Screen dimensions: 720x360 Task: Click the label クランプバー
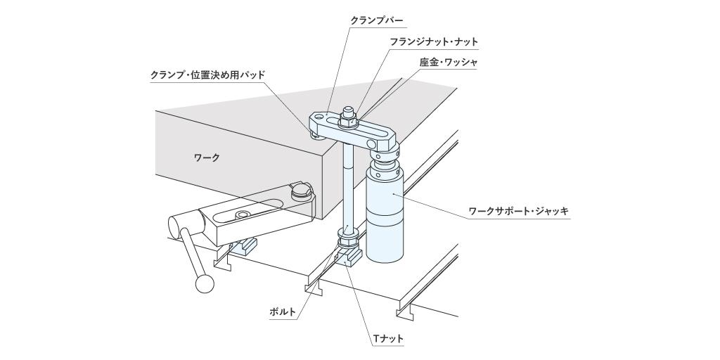tap(377, 20)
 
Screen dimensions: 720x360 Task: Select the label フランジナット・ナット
tap(434, 41)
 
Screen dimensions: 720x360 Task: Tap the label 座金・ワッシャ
tap(448, 62)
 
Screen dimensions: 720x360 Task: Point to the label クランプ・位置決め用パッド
tap(208, 75)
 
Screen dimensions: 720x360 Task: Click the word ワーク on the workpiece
tap(207, 157)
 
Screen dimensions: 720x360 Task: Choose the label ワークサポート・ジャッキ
tap(518, 211)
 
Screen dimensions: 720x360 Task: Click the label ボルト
tap(283, 311)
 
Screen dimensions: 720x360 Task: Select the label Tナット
tap(388, 339)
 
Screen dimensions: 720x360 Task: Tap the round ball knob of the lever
tap(205, 284)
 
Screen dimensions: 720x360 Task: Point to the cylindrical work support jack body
tap(385, 216)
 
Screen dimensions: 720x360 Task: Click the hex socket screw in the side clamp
tap(243, 215)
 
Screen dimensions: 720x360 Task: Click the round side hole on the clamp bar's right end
tap(371, 144)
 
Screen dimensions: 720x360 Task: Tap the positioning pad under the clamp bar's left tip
tap(315, 134)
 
